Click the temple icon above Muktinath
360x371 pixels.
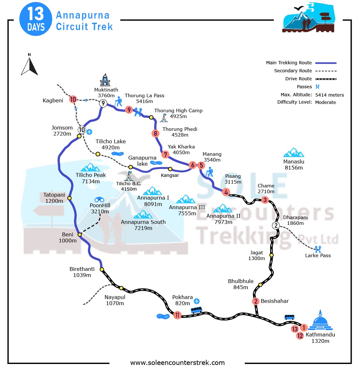tap(105, 80)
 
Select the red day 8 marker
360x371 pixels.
tap(155, 133)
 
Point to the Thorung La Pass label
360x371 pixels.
tap(145, 98)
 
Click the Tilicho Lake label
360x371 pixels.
tap(111, 144)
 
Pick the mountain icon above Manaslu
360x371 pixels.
tap(293, 153)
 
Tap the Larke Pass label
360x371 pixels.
tap(318, 256)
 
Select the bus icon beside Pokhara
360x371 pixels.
tap(196, 310)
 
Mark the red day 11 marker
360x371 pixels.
tap(177, 315)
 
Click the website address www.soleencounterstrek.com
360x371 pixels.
tap(177, 363)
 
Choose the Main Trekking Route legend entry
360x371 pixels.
tap(289, 63)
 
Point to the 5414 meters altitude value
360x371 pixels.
tap(329, 95)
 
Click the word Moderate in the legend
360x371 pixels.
tap(325, 102)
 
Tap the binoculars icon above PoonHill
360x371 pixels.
tap(99, 200)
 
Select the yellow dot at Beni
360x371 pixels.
tap(80, 234)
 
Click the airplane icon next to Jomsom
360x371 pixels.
tap(90, 132)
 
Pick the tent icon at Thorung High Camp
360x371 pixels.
tap(164, 118)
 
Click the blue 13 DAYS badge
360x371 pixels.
tap(36, 19)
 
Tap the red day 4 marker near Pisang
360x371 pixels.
tap(226, 192)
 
